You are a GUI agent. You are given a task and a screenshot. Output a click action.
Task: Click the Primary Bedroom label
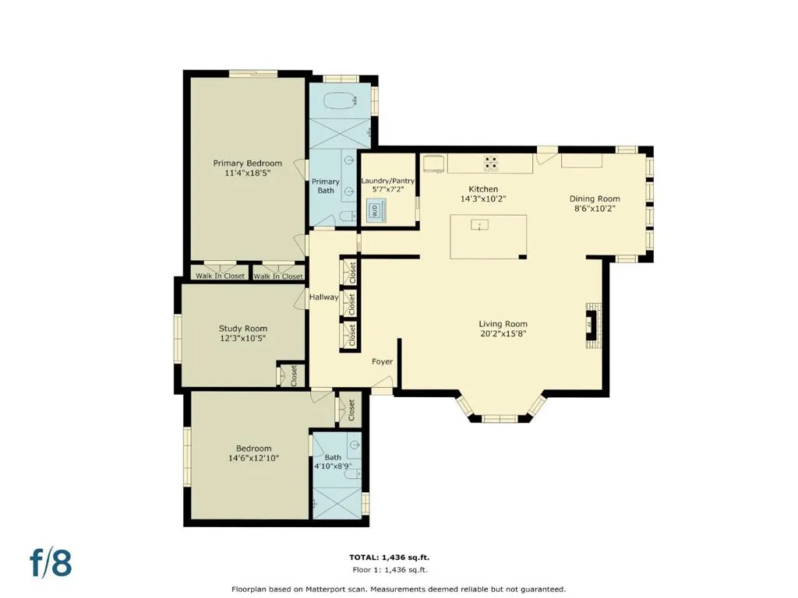(247, 164)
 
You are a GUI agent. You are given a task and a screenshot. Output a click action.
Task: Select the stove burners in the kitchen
(491, 163)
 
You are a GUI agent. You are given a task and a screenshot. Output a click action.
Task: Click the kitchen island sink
(479, 224)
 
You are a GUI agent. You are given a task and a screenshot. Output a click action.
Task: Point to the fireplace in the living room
(593, 325)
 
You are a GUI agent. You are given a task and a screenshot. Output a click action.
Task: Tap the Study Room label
(243, 329)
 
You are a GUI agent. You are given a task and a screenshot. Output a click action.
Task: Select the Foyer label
(382, 361)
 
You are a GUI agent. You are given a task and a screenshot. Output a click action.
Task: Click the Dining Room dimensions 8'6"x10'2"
(594, 209)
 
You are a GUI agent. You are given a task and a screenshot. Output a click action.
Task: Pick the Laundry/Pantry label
(388, 181)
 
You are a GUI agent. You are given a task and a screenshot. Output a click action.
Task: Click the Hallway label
(323, 297)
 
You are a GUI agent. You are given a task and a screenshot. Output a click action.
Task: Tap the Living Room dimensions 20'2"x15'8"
(503, 333)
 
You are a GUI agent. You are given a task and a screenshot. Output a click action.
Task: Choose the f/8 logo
(51, 563)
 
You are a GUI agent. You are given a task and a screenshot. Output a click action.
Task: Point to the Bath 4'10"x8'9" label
(333, 462)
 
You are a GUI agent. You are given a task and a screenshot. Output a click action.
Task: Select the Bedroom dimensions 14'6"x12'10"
(253, 458)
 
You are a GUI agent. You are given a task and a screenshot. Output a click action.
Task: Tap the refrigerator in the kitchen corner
(434, 164)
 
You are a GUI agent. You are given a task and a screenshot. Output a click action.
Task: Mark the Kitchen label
(483, 189)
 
